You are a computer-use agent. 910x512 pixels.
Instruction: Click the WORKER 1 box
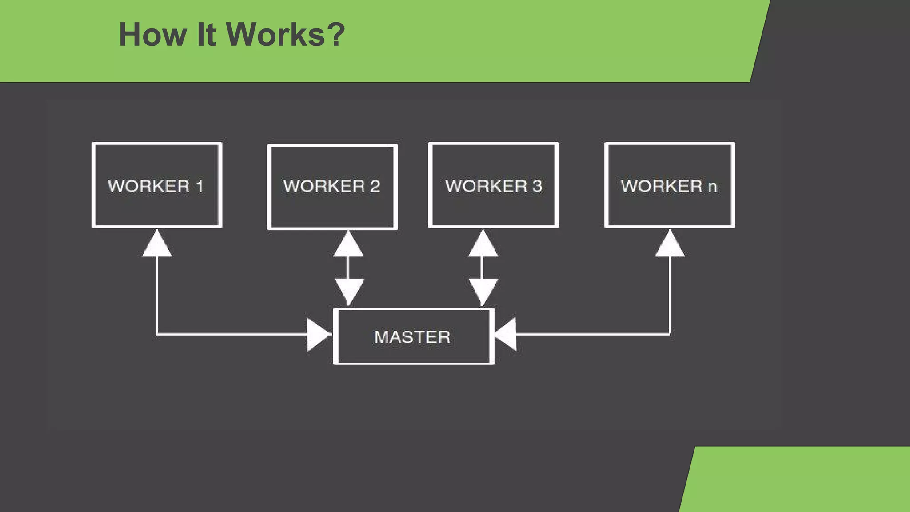click(156, 185)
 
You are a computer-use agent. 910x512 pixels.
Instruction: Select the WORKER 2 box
click(332, 187)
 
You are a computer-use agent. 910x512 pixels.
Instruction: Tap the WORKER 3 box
click(493, 185)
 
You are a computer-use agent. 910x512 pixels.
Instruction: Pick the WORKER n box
click(670, 185)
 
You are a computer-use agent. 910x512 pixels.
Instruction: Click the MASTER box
click(413, 336)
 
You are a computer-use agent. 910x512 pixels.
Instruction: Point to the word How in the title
click(153, 35)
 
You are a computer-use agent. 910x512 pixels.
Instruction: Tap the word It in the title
click(206, 35)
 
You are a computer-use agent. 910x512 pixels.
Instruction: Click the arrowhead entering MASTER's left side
click(318, 334)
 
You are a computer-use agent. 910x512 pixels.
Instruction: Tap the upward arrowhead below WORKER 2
click(348, 245)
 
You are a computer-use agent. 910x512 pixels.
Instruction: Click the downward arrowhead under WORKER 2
click(349, 290)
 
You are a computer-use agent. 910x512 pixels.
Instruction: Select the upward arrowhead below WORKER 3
click(483, 245)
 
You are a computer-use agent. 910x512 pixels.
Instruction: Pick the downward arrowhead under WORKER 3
click(483, 290)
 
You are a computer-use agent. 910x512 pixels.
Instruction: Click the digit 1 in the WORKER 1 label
click(200, 186)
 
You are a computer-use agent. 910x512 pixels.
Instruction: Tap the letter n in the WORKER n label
click(712, 187)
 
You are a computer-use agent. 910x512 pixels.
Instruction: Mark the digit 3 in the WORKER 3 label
click(537, 186)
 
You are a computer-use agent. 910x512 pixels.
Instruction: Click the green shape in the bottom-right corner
click(800, 480)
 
